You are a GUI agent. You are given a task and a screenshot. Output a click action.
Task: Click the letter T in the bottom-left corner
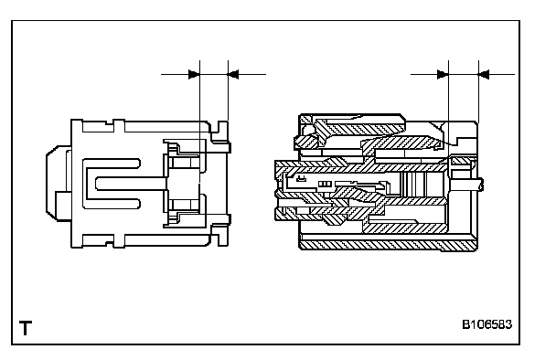coord(26,328)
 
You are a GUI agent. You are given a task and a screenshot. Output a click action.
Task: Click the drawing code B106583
coord(486,324)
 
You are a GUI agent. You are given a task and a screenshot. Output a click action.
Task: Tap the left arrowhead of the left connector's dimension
coord(194,74)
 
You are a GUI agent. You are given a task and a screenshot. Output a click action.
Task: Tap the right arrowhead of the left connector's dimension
coord(233,74)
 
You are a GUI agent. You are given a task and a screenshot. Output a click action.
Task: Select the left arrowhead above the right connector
coord(444,74)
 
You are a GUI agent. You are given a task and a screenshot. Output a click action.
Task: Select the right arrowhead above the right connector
coord(484,74)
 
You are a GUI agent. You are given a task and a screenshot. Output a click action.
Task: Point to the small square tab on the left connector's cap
coord(63,201)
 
